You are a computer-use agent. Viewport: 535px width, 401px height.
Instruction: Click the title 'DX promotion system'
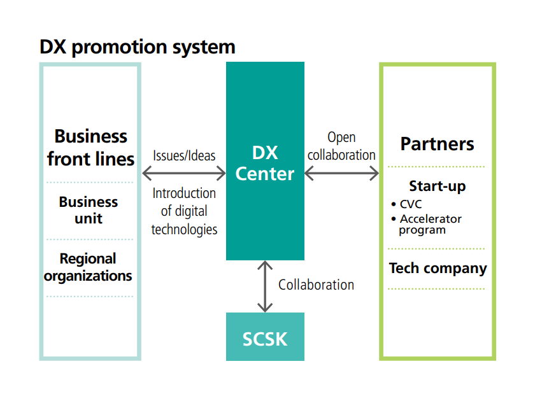pyautogui.click(x=138, y=47)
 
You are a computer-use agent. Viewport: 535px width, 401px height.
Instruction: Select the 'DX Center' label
pyautogui.click(x=265, y=163)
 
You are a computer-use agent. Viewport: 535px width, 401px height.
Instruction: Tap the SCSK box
pyautogui.click(x=265, y=337)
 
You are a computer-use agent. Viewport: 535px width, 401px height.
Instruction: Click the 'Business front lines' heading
pyautogui.click(x=90, y=147)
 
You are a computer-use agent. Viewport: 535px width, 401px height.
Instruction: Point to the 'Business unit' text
pyautogui.click(x=89, y=210)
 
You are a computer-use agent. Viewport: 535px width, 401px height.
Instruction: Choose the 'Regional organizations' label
pyautogui.click(x=89, y=267)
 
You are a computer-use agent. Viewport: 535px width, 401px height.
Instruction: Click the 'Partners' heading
pyautogui.click(x=437, y=144)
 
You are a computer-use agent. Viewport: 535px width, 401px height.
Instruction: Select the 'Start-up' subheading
pyautogui.click(x=437, y=186)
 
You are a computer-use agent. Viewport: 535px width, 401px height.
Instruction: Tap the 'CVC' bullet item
pyautogui.click(x=410, y=204)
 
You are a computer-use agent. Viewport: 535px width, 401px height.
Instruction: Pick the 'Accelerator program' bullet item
pyautogui.click(x=430, y=224)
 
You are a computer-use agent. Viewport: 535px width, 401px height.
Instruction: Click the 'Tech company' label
pyautogui.click(x=438, y=268)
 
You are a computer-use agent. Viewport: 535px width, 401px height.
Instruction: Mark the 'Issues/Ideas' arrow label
pyautogui.click(x=184, y=156)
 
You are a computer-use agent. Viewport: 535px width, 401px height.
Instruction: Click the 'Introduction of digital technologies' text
pyautogui.click(x=184, y=211)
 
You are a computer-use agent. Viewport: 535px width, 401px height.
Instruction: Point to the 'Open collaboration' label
pyautogui.click(x=341, y=146)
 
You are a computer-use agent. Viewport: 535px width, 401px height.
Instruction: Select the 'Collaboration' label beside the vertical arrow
pyautogui.click(x=316, y=285)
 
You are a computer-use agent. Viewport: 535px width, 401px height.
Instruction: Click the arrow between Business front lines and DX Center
pyautogui.click(x=184, y=173)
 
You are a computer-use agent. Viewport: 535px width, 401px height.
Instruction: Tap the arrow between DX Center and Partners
pyautogui.click(x=341, y=173)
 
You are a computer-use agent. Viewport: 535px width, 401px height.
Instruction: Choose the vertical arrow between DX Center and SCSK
pyautogui.click(x=265, y=286)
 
